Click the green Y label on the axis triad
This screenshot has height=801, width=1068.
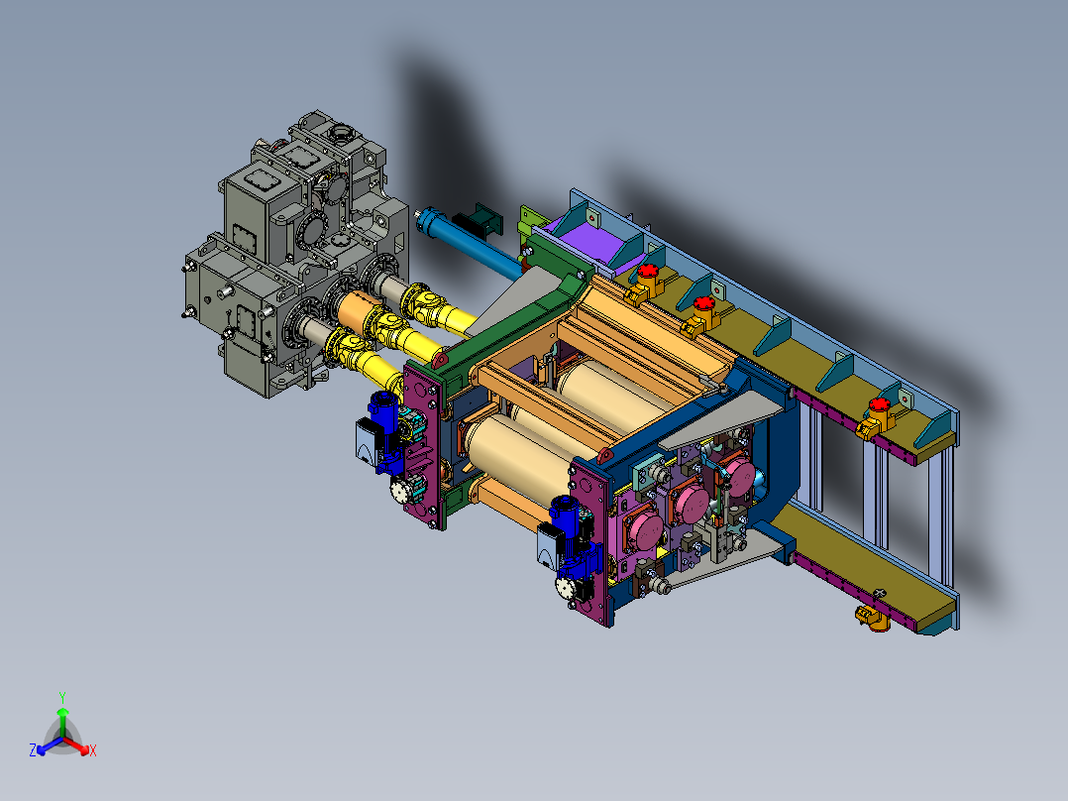(62, 697)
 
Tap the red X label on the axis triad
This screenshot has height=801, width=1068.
(93, 750)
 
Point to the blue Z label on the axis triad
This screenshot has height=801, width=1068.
(33, 749)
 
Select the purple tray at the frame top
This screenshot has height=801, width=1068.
(589, 240)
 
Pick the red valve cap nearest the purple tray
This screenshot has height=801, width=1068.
(649, 271)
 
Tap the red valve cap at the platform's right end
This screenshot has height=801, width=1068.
(880, 404)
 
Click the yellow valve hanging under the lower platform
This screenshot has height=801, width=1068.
(873, 618)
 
